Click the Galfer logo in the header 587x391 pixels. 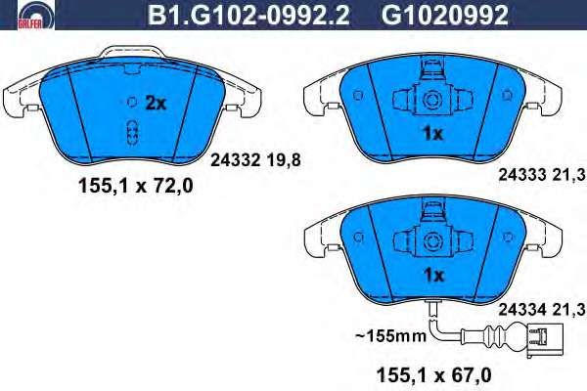tap(36, 15)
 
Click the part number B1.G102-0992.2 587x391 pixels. tap(248, 16)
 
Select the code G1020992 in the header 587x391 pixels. tap(445, 16)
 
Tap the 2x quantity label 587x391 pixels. tap(156, 103)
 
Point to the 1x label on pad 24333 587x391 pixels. tap(432, 133)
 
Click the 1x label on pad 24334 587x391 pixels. tap(433, 276)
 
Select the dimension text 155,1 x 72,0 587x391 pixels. tap(136, 186)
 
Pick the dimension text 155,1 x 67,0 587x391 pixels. tap(433, 375)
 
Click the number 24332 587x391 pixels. tap(235, 160)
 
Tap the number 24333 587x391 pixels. tap(522, 175)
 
